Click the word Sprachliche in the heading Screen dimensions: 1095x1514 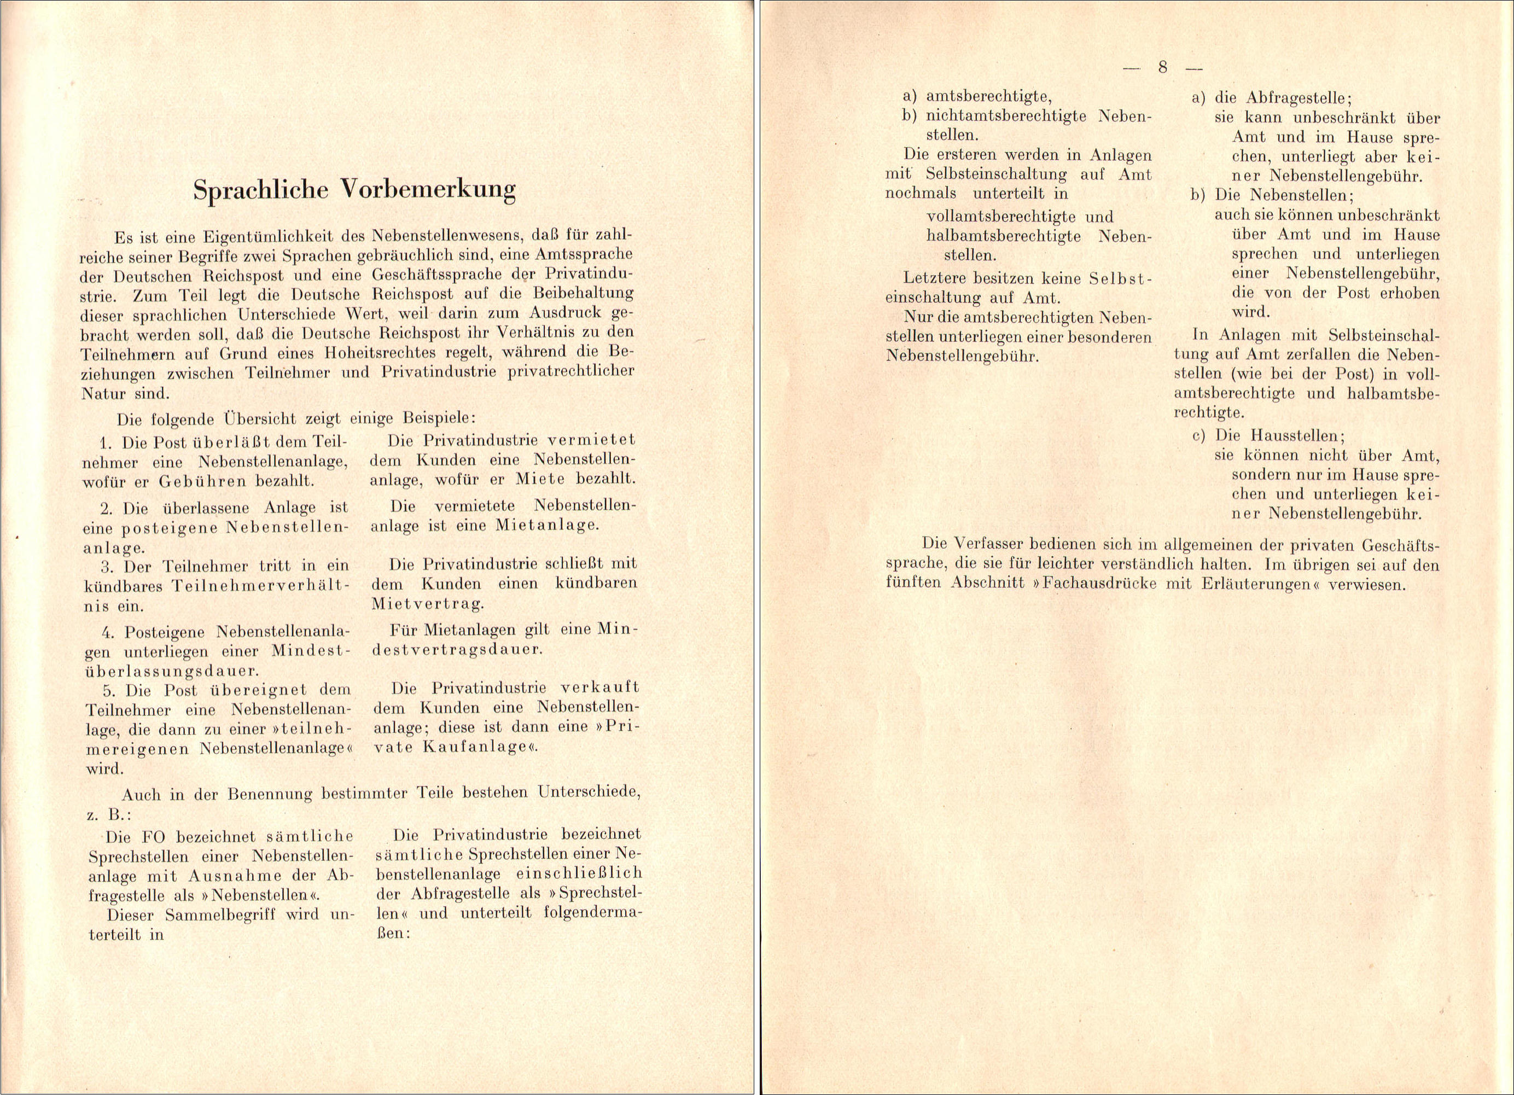click(260, 190)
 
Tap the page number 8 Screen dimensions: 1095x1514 click(1162, 67)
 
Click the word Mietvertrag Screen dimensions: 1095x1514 click(427, 604)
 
